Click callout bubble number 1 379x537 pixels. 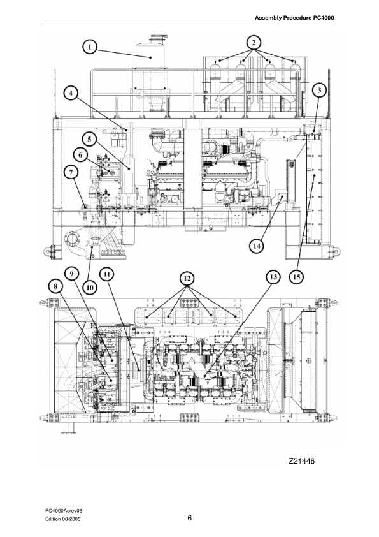[x=91, y=46]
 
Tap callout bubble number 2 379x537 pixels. [x=254, y=42]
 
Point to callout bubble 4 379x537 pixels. [x=72, y=93]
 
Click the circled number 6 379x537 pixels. [x=80, y=154]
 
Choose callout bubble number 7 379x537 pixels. [x=72, y=171]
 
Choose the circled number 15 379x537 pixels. [x=297, y=277]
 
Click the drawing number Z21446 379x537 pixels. [x=302, y=460]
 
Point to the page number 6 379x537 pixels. [x=189, y=517]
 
